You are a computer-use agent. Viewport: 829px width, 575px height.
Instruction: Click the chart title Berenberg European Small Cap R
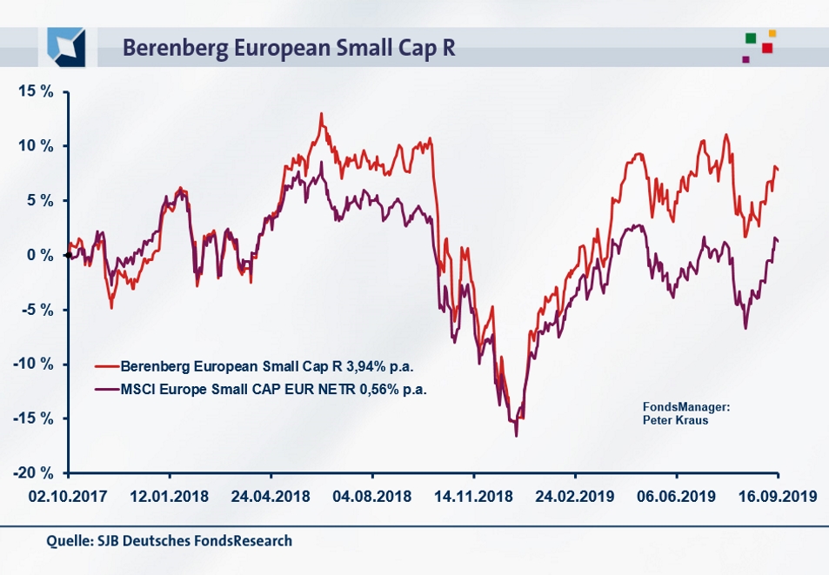[289, 47]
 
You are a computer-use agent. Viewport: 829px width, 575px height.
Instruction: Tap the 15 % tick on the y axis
[36, 91]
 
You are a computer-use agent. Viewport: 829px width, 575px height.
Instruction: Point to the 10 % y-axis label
[36, 146]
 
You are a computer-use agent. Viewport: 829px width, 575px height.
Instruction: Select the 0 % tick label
[40, 255]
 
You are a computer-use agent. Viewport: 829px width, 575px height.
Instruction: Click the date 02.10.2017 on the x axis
[68, 498]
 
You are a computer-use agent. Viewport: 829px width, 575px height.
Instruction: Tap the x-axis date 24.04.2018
[271, 498]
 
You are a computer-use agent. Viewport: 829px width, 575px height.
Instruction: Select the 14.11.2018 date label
[473, 498]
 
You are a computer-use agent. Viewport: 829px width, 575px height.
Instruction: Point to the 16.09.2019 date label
[777, 498]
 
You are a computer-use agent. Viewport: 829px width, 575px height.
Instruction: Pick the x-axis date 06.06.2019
[676, 498]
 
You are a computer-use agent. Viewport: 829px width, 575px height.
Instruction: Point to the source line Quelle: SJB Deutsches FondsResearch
[169, 541]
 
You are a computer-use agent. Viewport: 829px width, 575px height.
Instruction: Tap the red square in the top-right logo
[767, 48]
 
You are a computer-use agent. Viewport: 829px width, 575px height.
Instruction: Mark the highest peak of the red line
[321, 113]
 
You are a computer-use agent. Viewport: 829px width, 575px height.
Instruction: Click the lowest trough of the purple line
[516, 435]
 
